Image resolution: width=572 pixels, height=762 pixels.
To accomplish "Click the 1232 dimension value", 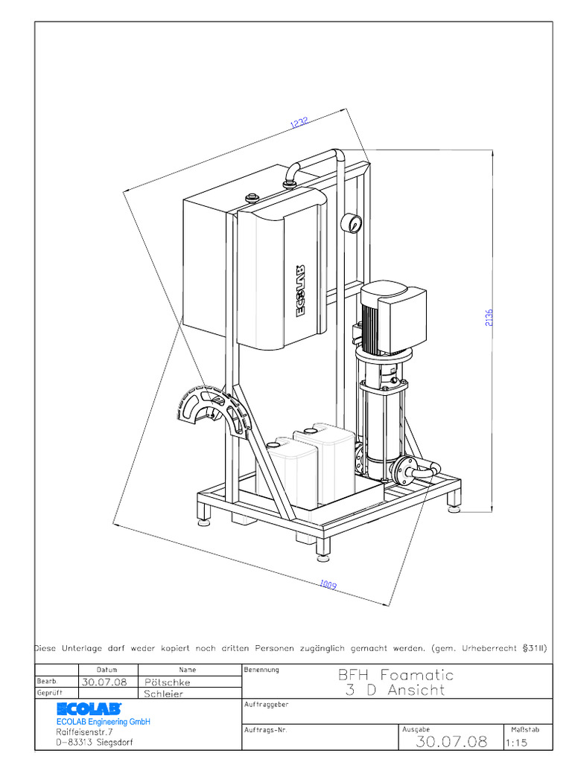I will pos(299,123).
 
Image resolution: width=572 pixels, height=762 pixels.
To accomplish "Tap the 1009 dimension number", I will pos(328,586).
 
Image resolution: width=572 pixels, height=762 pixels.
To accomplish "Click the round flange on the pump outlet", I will pos(404,470).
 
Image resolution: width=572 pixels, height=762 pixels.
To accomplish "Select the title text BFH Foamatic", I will pos(395,675).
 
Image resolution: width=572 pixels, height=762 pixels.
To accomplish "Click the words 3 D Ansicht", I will pos(395,690).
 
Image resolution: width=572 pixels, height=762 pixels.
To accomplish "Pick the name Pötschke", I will pos(168,682).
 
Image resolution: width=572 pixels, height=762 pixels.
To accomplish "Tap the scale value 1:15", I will pos(516,742).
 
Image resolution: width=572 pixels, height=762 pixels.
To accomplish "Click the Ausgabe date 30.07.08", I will pos(451,741).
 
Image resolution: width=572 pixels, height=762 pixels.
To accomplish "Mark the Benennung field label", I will pos(261,670).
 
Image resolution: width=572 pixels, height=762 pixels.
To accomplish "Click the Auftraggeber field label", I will pos(266,704).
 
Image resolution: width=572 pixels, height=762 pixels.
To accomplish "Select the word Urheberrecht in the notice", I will pos(484,648).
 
